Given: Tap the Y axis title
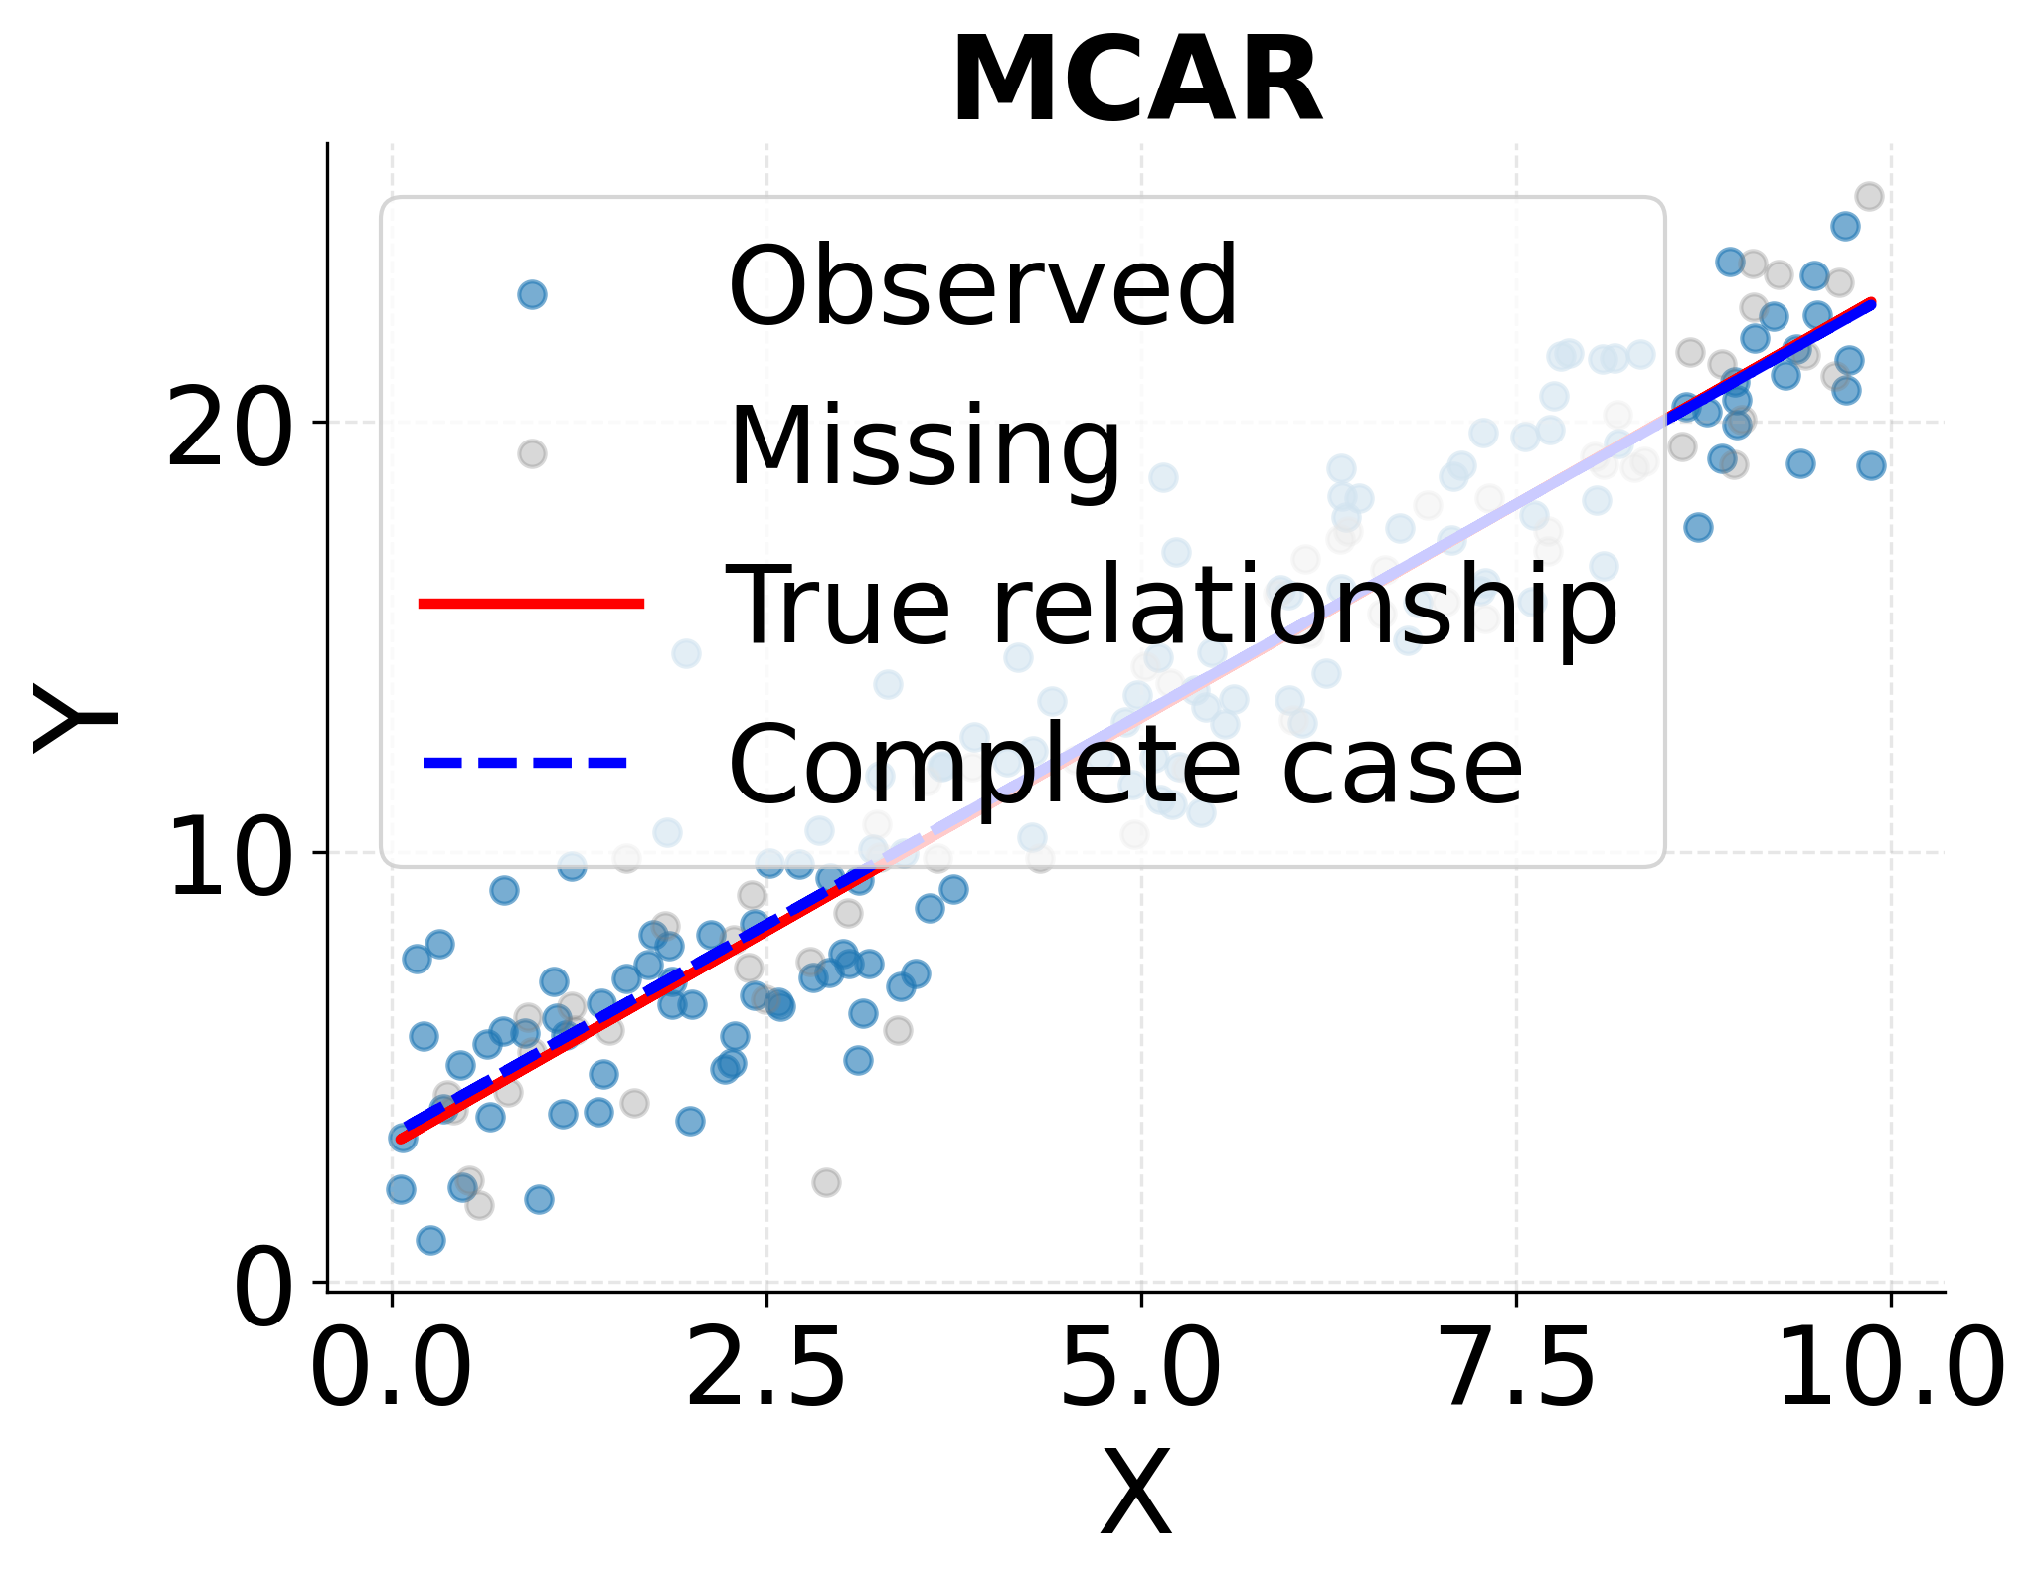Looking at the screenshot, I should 75,718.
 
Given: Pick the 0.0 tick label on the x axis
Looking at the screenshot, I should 392,1370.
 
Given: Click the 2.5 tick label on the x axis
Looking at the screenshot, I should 766,1370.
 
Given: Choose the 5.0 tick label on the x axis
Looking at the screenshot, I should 1141,1370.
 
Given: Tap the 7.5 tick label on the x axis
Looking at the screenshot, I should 1516,1370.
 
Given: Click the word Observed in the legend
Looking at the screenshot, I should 982,288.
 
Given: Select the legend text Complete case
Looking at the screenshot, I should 1125,765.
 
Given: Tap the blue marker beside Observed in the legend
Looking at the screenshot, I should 532,294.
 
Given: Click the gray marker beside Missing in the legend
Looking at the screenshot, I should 532,453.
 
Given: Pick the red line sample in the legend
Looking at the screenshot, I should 532,603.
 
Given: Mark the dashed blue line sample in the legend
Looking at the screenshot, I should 527,763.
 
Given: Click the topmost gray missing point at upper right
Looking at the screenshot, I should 1869,196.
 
